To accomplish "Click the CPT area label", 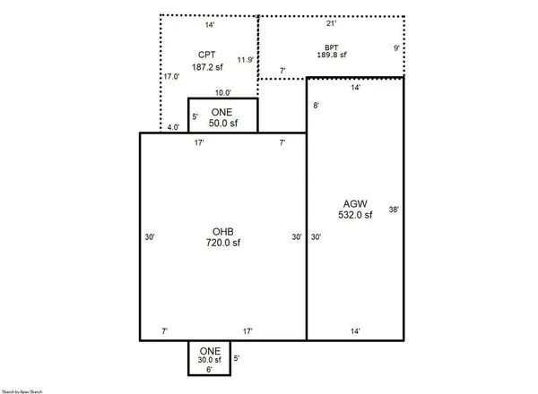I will (207, 55).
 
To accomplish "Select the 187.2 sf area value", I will (207, 67).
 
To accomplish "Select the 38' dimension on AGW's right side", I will (393, 210).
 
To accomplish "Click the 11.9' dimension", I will (245, 60).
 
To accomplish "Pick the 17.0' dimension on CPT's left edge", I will (170, 77).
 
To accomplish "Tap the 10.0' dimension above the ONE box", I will (223, 92).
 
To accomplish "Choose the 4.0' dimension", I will (173, 127).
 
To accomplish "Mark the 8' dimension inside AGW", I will (316, 106).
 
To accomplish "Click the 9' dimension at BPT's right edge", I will (395, 47).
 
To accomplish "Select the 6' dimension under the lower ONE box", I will (209, 370).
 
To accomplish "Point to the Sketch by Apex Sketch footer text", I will (22, 390).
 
